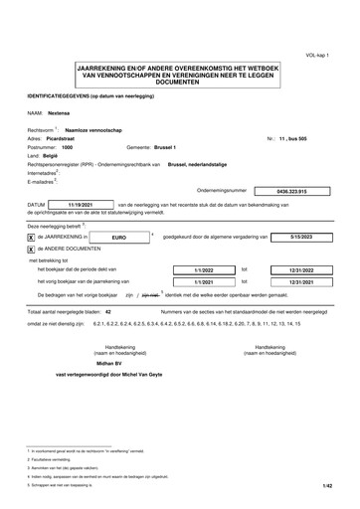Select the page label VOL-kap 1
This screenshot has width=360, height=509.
(x=331, y=57)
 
